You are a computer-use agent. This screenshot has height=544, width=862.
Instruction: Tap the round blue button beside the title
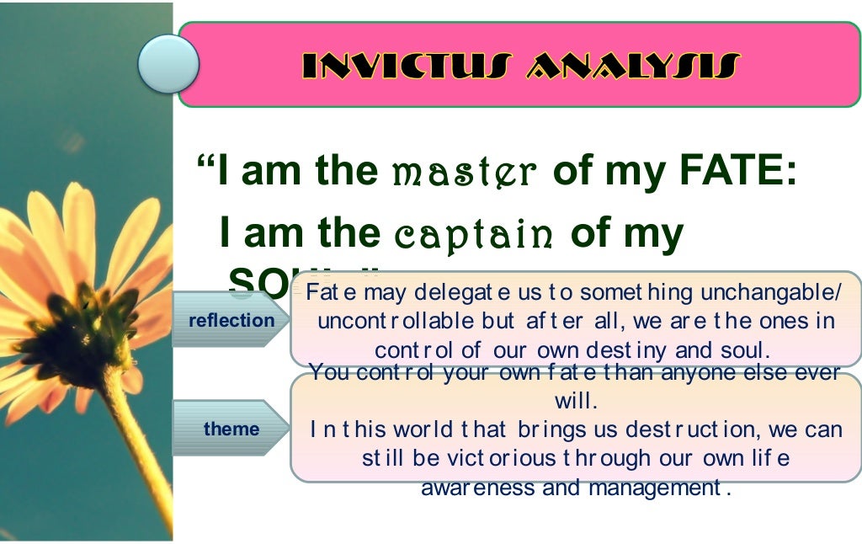coord(168,64)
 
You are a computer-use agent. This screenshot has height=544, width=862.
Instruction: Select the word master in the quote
coord(465,172)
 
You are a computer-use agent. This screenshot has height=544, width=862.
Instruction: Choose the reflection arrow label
coord(231,320)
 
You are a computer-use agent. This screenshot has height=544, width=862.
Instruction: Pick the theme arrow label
coord(231,429)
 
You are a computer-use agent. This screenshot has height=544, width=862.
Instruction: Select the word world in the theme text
coord(423,429)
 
